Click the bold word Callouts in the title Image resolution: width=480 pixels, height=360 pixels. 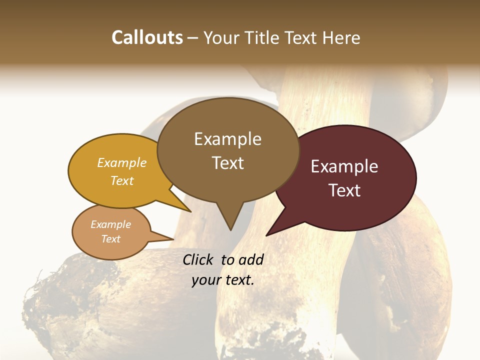tap(147, 37)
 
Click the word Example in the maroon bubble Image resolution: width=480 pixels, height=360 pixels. tap(344, 166)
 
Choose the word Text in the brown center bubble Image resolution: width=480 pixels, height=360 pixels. tap(228, 163)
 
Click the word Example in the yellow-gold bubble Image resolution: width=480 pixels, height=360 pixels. tap(122, 162)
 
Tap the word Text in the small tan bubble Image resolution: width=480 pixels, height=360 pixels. tap(111, 239)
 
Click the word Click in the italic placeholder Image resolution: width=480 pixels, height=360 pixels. tap(198, 259)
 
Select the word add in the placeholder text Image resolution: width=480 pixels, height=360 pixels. tap(250, 259)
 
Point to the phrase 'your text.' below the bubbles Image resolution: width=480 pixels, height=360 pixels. tap(223, 280)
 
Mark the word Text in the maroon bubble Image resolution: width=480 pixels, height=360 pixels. tap(345, 190)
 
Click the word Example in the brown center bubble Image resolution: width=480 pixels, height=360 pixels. tap(228, 139)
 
